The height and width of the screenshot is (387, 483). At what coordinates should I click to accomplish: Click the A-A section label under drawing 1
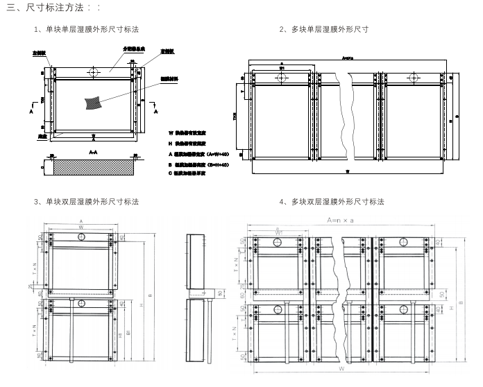93,150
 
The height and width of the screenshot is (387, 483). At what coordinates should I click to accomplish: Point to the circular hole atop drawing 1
93,71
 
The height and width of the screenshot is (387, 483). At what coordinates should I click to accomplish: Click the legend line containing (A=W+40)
201,153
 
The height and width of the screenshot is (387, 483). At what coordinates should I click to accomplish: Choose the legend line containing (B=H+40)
201,164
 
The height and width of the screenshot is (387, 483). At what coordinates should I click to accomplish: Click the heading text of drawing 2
323,29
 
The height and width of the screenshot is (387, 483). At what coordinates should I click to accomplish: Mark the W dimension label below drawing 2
347,169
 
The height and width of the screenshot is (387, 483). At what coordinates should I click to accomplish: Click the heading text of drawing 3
86,202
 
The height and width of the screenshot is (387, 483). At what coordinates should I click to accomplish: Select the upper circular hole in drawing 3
81,238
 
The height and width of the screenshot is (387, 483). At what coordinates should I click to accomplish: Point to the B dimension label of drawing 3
151,296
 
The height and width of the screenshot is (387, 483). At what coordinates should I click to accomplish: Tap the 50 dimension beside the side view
219,293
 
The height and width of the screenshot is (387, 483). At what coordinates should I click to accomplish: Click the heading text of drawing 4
331,202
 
